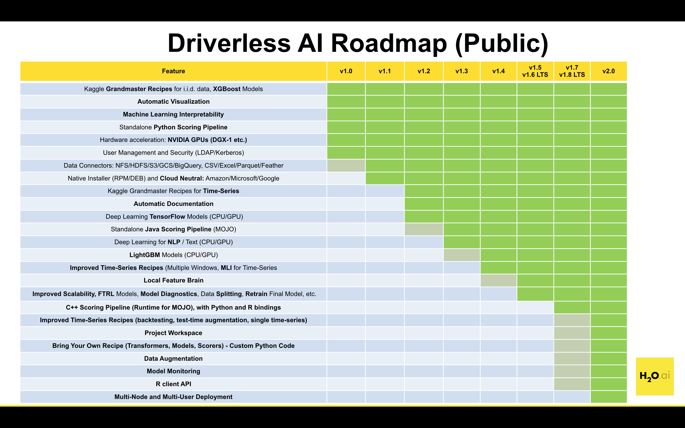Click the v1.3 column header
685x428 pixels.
point(461,71)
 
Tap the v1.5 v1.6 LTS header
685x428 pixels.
point(535,71)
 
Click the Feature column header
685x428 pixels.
point(173,71)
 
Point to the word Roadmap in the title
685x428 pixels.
point(389,43)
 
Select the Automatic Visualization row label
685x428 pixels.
point(173,102)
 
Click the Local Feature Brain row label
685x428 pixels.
point(173,280)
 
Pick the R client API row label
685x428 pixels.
point(173,384)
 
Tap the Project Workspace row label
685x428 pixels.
point(173,333)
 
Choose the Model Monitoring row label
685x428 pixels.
point(173,371)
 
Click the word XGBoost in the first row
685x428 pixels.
point(226,89)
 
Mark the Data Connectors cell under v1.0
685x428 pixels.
point(346,165)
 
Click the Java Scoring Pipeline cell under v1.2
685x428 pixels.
point(424,229)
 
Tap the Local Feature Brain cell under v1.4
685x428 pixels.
point(498,280)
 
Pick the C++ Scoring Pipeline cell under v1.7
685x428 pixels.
point(572,307)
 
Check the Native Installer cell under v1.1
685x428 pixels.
point(385,178)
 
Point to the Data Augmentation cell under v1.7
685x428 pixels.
point(572,359)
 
